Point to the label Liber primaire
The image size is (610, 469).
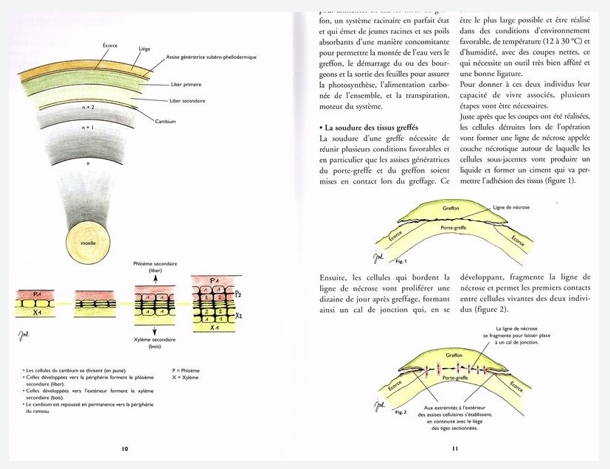tap(186, 84)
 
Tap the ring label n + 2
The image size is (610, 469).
tap(89, 108)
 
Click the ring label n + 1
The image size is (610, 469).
tap(89, 128)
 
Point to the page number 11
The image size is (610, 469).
tap(455, 448)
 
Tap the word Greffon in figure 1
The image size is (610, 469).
tap(453, 209)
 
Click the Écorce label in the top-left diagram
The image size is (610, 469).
tap(109, 45)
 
